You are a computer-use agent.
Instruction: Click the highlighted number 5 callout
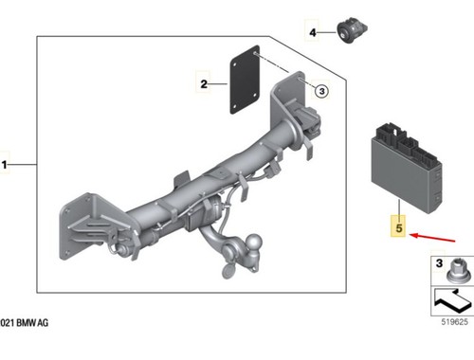(399, 227)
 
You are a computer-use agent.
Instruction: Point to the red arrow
(432, 238)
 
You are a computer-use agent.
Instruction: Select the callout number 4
(313, 32)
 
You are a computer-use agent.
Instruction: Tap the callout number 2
(204, 84)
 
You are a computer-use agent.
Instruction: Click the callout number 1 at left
(4, 165)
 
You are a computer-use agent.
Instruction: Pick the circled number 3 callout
(321, 91)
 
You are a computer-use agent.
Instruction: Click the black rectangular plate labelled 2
(245, 81)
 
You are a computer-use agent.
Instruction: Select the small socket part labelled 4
(352, 31)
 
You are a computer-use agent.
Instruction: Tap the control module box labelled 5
(407, 167)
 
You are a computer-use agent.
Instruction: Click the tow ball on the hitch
(254, 243)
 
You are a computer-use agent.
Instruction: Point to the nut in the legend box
(455, 270)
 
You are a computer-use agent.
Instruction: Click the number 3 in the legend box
(439, 263)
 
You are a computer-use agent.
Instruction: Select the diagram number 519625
(454, 322)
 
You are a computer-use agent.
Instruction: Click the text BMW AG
(32, 323)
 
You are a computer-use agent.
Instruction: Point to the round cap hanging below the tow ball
(228, 271)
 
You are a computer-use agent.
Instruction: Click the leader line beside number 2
(218, 84)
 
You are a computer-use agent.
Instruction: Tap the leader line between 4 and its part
(326, 32)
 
